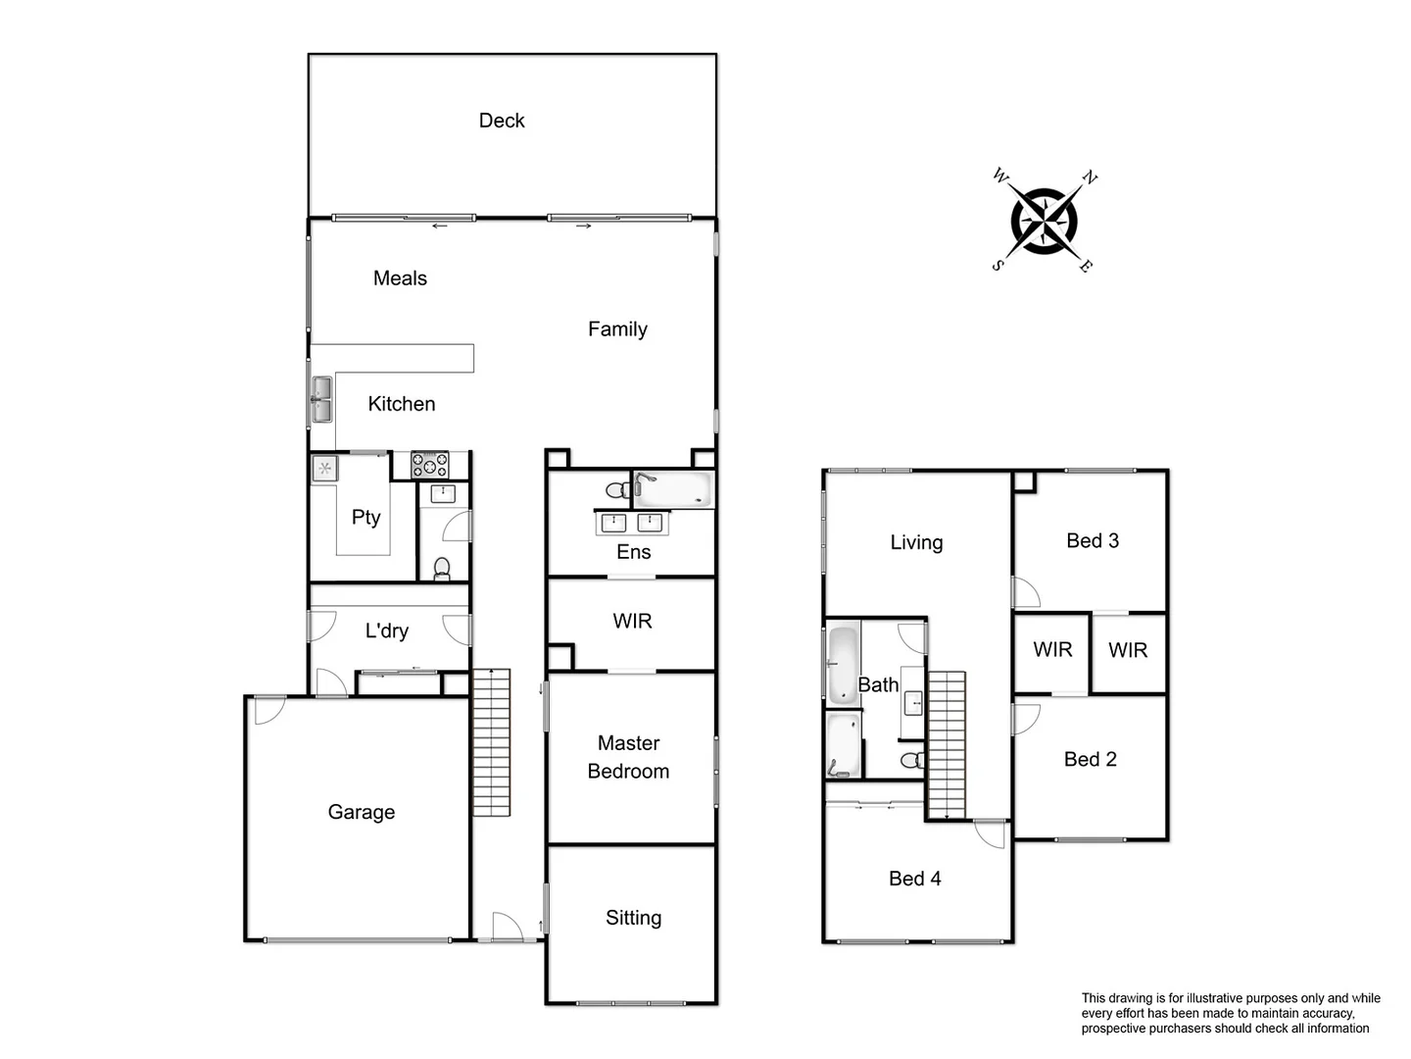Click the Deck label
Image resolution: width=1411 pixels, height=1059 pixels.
(502, 121)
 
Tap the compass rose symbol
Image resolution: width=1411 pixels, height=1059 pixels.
(1045, 220)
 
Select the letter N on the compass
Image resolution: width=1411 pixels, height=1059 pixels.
(1090, 177)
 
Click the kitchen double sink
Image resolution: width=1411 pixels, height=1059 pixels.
(321, 400)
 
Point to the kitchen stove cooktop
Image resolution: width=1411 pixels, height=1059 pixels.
(429, 464)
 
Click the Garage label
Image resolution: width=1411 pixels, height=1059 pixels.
(362, 812)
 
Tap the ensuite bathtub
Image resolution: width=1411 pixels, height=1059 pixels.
(673, 488)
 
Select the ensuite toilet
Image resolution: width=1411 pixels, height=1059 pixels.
(617, 489)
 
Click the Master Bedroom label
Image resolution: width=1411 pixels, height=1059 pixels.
(629, 757)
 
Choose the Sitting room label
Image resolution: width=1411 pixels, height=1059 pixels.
(633, 918)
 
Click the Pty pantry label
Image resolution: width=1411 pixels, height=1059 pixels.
(365, 517)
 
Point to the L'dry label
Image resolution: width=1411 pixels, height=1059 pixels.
(387, 630)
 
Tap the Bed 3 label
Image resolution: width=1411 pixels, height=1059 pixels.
(1093, 540)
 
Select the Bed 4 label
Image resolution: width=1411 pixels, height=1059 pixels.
(914, 879)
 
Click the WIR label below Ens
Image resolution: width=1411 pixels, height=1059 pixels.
(632, 621)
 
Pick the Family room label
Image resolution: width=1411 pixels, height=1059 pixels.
(617, 329)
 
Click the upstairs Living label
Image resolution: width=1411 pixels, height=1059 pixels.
(916, 542)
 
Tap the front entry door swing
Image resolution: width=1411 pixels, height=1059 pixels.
(507, 926)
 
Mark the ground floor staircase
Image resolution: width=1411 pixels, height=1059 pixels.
(492, 742)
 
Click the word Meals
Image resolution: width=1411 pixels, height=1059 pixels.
(400, 278)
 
